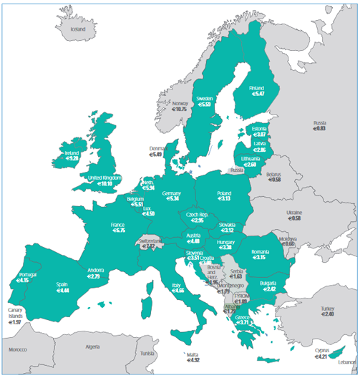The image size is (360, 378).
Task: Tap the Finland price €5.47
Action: tap(256, 94)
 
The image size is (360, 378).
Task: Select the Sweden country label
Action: tap(205, 97)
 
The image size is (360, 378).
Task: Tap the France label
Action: tap(118, 224)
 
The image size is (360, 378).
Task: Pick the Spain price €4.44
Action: tap(62, 291)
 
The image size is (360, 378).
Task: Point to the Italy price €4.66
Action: tap(177, 290)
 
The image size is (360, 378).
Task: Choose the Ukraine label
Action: tap(294, 212)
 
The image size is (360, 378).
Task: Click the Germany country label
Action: tap(172, 193)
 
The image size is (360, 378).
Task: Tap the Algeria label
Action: tap(92, 346)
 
